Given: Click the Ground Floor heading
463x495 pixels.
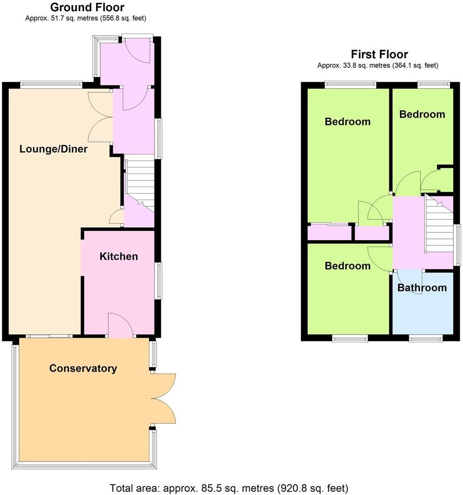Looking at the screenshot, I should coord(87,7).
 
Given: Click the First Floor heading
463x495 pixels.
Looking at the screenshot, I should coord(379,55).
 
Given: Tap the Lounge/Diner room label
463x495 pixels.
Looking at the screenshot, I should coord(54,149).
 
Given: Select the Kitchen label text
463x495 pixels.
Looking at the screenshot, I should coord(119,256).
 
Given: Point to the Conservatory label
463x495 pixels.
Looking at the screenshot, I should coord(83,369).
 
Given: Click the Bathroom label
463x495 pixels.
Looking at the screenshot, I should coord(422,288).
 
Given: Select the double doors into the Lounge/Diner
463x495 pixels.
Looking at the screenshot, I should coord(100,117).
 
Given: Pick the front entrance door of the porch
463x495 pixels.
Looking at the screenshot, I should coord(138,49).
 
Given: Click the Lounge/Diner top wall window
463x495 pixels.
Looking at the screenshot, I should coord(51,84).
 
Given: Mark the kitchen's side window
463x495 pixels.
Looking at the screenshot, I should coord(159,280).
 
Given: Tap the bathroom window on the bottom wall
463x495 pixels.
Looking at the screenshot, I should coord(425,337).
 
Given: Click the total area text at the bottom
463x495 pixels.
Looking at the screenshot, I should coord(229,488).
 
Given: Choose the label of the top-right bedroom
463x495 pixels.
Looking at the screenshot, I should coord(422,114).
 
